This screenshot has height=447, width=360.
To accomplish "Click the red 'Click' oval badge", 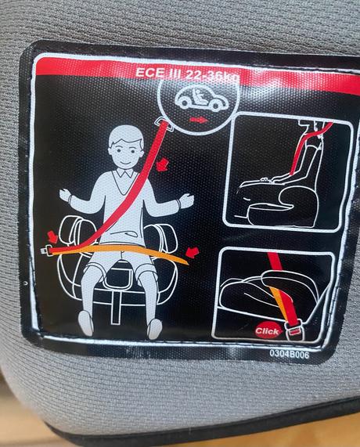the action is click(268, 331).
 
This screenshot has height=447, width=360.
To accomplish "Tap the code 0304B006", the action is click(289, 355).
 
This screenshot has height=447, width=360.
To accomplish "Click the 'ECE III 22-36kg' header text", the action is click(187, 74).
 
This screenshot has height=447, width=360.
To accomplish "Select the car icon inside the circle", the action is click(202, 99).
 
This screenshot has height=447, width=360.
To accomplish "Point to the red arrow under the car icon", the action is click(199, 120).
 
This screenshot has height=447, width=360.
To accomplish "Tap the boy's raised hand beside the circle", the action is click(186, 200).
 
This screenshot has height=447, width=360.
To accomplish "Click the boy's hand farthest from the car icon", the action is click(66, 196).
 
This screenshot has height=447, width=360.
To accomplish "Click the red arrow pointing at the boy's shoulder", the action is click(163, 164).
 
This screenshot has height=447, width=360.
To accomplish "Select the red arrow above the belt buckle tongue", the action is click(52, 237).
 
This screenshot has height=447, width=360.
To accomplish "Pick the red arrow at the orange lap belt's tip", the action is click(193, 253).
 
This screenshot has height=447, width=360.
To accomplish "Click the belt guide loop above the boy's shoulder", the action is click(165, 124).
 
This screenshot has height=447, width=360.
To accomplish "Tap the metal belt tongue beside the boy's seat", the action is click(46, 251).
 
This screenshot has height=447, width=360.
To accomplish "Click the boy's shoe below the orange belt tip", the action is click(154, 329).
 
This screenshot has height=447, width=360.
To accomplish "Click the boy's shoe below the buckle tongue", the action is click(86, 323).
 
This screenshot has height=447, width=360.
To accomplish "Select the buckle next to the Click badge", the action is click(293, 330).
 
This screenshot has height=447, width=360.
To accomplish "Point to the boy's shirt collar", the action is click(125, 173).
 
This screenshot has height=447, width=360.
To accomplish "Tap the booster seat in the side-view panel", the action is click(278, 204).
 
